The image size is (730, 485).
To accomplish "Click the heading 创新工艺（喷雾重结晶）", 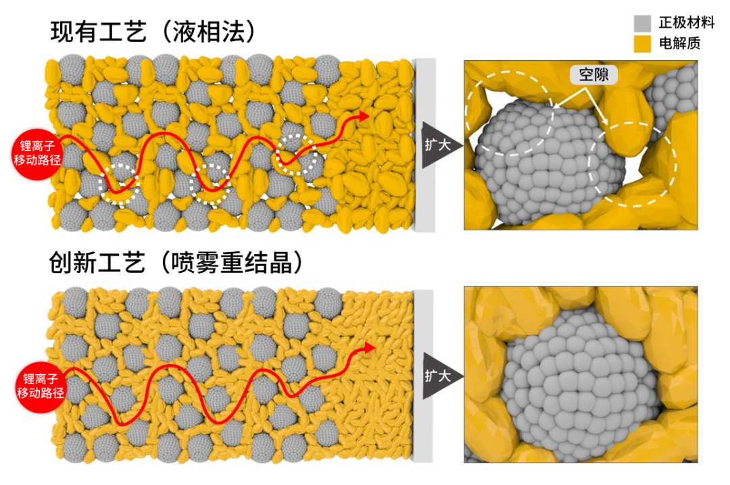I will click(x=175, y=263).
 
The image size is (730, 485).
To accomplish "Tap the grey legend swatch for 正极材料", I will click(x=641, y=23).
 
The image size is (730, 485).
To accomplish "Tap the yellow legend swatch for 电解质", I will click(x=641, y=44).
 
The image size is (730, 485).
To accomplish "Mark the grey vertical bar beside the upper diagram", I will click(x=424, y=145).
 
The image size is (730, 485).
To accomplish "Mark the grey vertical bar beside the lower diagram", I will click(x=424, y=376).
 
